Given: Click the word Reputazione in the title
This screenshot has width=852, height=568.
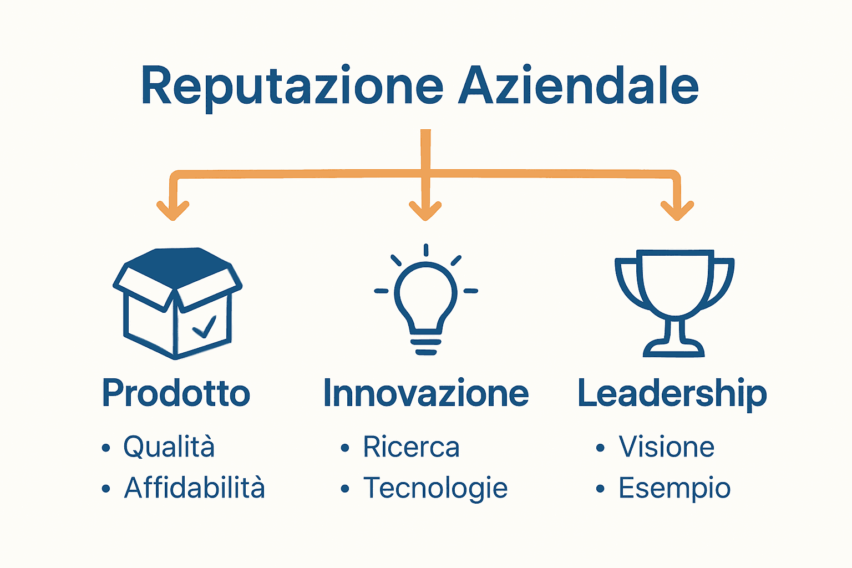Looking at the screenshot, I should [292, 87].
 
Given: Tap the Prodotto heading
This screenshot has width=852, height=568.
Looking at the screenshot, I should [176, 393].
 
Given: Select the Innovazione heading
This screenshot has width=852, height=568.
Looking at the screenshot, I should [425, 393].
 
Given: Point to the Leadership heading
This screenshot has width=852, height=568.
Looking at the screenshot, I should [672, 393].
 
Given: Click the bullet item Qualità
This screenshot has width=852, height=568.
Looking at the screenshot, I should [169, 447].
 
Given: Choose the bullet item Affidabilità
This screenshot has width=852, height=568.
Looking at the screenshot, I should [194, 488].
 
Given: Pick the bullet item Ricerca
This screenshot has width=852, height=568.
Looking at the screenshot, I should [411, 447].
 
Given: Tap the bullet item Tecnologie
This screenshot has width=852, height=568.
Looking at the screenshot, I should [435, 488].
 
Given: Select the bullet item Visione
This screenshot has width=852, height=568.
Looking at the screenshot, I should [666, 447].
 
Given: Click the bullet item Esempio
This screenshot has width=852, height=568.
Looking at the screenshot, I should [674, 488].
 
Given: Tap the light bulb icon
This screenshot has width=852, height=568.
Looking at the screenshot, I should [426, 302].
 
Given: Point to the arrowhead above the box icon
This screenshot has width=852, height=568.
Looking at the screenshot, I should [173, 211].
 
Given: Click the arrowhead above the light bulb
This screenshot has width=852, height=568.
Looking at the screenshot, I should [425, 211].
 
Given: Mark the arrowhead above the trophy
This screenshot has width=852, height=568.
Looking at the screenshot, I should [677, 211].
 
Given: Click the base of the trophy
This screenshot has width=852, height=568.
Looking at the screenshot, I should [674, 349].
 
